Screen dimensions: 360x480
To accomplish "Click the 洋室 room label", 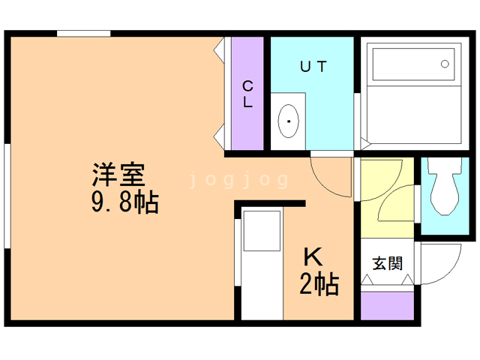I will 118,175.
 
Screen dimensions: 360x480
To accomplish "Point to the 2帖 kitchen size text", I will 319,284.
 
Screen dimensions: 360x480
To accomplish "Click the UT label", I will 314,66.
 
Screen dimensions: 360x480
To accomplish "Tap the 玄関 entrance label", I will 388,263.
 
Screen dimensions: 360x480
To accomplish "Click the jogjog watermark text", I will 239,179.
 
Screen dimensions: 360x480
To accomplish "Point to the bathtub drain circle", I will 445,63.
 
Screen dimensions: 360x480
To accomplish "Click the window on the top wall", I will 84,34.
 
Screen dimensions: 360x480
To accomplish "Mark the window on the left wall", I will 7,194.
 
